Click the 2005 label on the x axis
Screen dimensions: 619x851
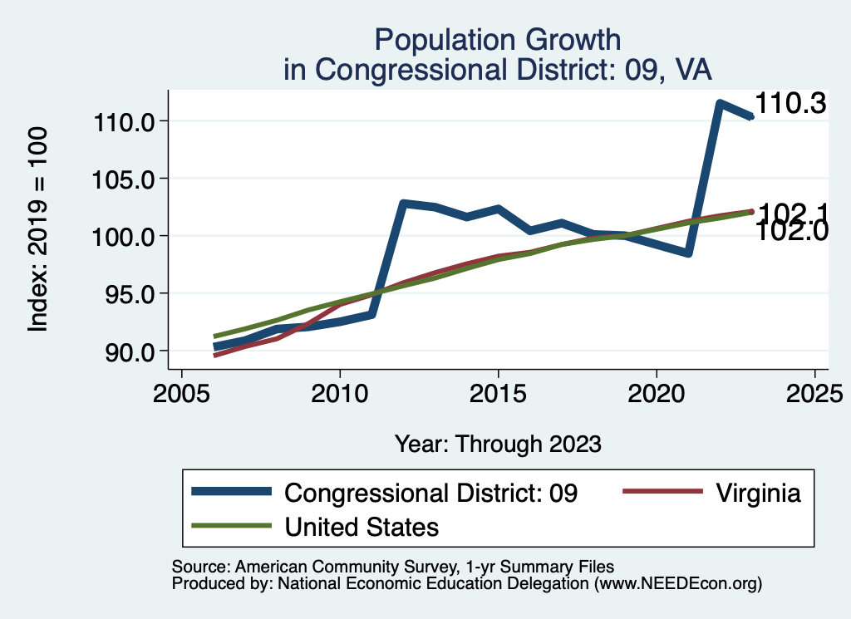point(181,392)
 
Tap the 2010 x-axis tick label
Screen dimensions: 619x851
point(339,392)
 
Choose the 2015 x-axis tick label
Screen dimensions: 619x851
point(498,392)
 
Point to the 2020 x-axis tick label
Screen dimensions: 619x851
point(657,392)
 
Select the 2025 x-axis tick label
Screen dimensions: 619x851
point(814,392)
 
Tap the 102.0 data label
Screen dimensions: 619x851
point(793,231)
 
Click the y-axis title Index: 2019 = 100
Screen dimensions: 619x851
point(37,230)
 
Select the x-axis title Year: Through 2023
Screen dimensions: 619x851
point(498,444)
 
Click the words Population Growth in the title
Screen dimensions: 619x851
point(497,39)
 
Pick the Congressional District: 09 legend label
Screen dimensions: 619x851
point(430,493)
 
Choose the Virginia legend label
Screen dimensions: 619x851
point(757,493)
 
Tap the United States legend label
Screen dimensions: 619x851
point(362,526)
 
